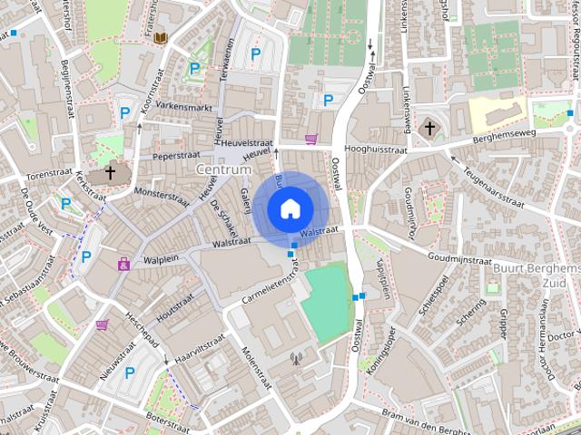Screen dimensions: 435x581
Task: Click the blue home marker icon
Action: [289, 208]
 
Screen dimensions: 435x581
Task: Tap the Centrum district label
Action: [222, 169]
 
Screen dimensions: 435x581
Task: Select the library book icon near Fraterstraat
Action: [161, 37]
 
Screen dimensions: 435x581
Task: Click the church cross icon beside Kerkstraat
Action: [110, 171]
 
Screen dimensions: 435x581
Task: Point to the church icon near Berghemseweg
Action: [429, 129]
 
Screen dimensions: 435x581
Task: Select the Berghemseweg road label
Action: [498, 133]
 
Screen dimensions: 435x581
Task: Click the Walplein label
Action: [162, 260]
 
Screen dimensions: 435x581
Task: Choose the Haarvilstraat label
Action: [199, 352]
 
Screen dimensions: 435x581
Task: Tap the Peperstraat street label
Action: [175, 156]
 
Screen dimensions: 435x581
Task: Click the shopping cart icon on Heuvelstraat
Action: [312, 140]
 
